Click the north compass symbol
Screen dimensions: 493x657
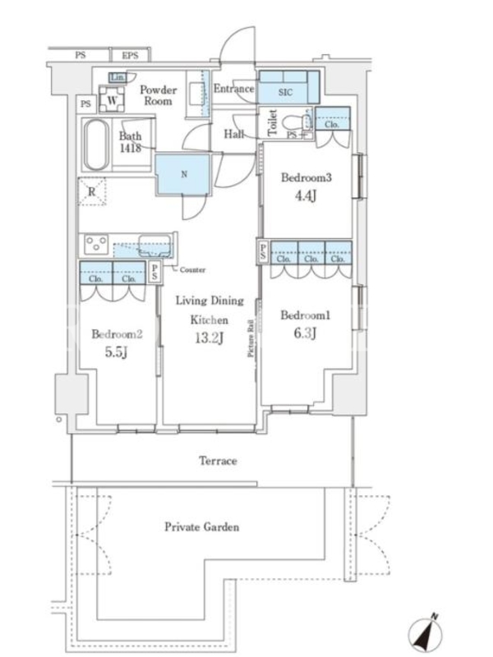pos(426,632)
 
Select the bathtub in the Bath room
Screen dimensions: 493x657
pos(96,145)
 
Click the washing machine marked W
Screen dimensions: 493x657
pos(112,99)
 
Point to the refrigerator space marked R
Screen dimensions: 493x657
pos(92,192)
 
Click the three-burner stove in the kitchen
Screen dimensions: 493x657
pos(96,244)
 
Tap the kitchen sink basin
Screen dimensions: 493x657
pos(154,246)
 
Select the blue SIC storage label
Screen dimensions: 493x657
pos(285,92)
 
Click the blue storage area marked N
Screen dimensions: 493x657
pos(182,174)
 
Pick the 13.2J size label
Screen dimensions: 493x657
pos(209,338)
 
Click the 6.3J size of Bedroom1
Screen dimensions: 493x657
pos(304,333)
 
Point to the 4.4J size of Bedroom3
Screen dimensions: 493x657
pos(305,195)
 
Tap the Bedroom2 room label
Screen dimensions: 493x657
pos(117,334)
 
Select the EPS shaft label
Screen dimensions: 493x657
pos(130,55)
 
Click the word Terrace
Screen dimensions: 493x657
pos(218,461)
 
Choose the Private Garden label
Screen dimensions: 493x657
pos(201,526)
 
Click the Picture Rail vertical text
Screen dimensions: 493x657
pos(251,338)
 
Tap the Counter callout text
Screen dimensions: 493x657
pos(192,270)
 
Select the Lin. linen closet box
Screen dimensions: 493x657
pos(117,77)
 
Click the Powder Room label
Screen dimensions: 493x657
pos(158,95)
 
